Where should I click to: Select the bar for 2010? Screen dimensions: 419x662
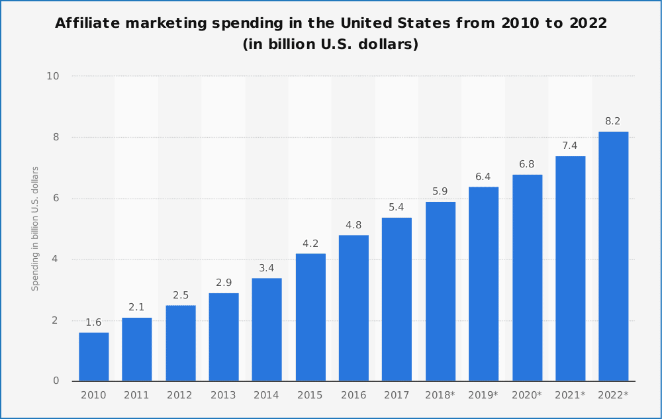click(x=94, y=357)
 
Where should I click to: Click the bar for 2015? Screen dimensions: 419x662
click(x=310, y=317)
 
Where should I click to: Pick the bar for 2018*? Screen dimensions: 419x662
click(x=440, y=291)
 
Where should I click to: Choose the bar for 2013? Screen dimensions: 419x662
click(x=224, y=337)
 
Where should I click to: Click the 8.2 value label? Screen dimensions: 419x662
click(x=613, y=121)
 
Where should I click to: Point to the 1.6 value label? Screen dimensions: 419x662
click(x=94, y=322)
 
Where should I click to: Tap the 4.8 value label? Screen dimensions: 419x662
click(x=354, y=225)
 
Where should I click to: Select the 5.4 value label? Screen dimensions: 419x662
click(x=397, y=207)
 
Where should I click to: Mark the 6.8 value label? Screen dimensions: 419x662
click(x=527, y=164)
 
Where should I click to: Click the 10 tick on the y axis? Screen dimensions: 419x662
click(x=53, y=76)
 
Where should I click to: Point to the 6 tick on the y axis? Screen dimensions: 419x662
click(x=56, y=199)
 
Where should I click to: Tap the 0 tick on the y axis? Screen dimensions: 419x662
click(x=56, y=381)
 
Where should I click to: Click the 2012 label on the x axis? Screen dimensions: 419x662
click(x=181, y=395)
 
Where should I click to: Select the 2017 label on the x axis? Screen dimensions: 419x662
click(x=397, y=395)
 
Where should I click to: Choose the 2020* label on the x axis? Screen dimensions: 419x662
click(x=527, y=395)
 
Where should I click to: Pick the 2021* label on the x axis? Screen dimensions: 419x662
click(x=570, y=395)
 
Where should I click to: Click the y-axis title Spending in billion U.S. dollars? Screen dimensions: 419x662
click(x=36, y=228)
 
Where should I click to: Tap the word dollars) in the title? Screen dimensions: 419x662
click(x=387, y=45)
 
